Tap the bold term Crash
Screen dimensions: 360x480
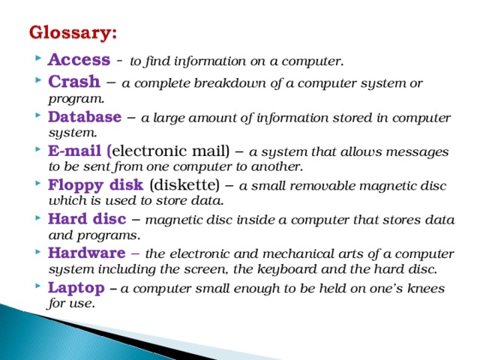coord(69,81)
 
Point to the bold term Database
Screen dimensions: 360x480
coord(84,117)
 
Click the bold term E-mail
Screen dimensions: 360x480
coord(77,151)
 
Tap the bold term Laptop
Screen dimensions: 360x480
coord(74,287)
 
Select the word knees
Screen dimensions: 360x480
coord(426,289)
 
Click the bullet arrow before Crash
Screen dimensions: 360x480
coord(37,82)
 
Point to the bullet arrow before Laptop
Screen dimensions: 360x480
coord(37,288)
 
